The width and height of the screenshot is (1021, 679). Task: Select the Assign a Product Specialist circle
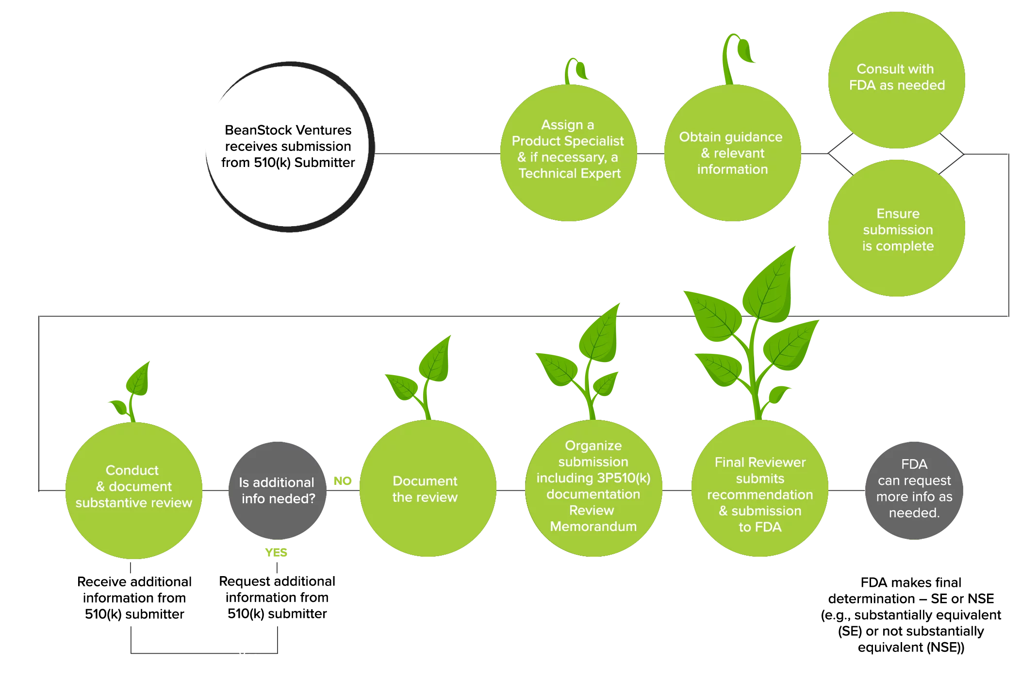(x=569, y=153)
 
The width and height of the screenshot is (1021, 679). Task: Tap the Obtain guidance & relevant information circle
(x=733, y=153)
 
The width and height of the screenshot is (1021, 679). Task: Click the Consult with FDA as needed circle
(x=897, y=80)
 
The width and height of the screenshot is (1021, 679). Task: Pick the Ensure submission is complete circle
(x=897, y=228)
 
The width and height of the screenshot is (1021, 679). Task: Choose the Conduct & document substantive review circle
(x=134, y=490)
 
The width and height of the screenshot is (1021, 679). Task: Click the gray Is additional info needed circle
(x=278, y=490)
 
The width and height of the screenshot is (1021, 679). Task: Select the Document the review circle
(x=428, y=488)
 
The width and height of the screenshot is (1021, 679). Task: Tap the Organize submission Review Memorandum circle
(x=593, y=488)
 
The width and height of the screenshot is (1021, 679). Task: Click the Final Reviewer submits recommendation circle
(x=760, y=488)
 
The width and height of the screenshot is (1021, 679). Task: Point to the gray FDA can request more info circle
(x=914, y=490)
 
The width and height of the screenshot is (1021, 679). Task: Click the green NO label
(x=343, y=481)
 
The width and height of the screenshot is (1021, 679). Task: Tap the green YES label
(x=276, y=552)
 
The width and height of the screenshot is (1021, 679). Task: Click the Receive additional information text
(x=134, y=597)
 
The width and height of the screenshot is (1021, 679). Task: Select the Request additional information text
(x=277, y=597)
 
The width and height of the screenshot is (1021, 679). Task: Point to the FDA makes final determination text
(x=911, y=614)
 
